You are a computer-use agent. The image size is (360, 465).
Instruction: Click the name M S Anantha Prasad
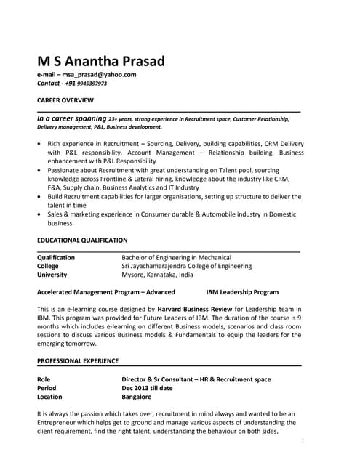point(101,61)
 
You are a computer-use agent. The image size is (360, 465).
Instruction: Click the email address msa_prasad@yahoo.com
point(100,74)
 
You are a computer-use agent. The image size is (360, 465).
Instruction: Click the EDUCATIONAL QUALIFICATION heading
point(82,240)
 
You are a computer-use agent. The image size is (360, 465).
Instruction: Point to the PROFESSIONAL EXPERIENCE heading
point(78,360)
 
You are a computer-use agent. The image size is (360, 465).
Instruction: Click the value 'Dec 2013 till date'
point(147,388)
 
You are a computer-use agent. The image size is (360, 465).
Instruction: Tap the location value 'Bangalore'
point(137,397)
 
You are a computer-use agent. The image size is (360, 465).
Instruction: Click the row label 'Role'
point(44,379)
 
